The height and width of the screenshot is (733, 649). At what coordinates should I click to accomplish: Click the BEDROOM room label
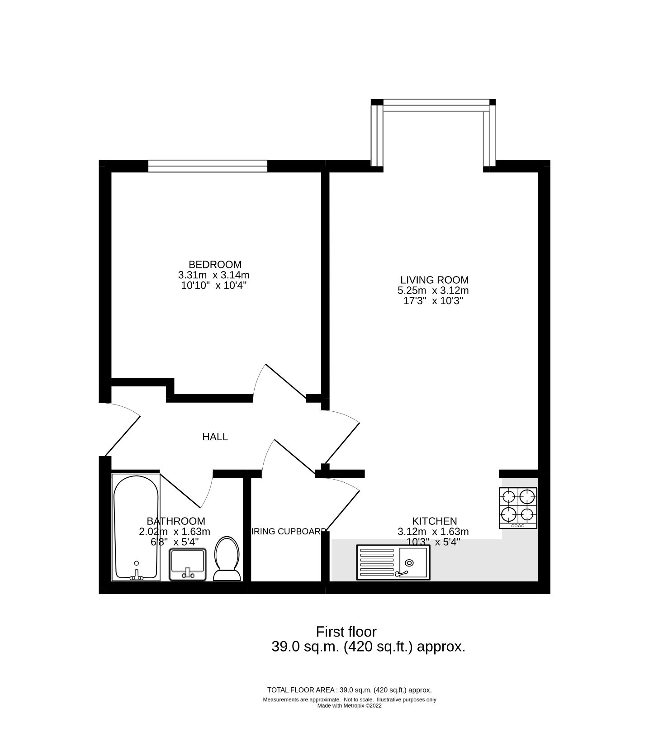click(215, 264)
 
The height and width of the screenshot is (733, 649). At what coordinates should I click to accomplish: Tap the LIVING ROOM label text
click(434, 280)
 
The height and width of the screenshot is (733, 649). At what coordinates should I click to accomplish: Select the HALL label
click(215, 437)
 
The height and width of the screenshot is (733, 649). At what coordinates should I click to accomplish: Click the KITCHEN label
click(434, 521)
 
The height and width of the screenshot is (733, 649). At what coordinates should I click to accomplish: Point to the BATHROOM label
click(175, 521)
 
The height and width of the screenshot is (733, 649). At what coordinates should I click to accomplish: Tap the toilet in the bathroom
click(227, 559)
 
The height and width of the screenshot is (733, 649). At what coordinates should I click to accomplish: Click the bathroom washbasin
click(188, 564)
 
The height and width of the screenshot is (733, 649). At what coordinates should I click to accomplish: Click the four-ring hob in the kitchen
click(518, 507)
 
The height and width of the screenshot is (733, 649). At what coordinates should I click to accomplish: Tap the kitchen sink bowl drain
click(409, 562)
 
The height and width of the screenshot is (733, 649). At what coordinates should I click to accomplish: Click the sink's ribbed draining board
click(376, 562)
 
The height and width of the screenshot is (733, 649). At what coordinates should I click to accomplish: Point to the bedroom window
click(208, 167)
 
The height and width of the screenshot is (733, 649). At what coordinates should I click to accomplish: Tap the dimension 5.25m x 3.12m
click(433, 290)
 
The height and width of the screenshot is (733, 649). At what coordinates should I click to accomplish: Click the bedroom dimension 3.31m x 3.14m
click(214, 275)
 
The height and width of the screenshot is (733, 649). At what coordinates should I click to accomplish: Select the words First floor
click(346, 631)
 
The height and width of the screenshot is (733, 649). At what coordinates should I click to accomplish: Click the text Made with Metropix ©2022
click(349, 705)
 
